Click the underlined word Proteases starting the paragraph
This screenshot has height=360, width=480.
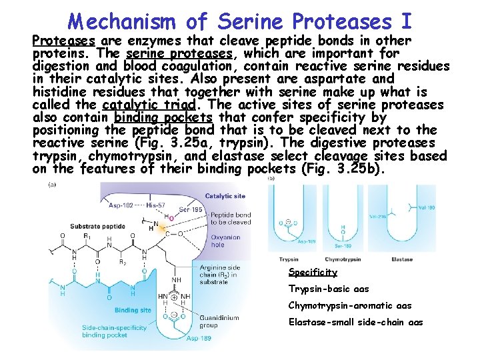point(64,41)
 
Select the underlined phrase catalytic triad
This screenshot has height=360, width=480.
point(147,105)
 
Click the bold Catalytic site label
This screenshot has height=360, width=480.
point(225,196)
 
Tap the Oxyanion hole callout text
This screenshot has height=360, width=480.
point(226,240)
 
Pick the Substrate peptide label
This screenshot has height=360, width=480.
point(97,227)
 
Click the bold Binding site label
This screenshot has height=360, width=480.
point(132,310)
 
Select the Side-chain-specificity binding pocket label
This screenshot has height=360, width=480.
point(114,331)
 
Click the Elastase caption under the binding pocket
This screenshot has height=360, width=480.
point(402,259)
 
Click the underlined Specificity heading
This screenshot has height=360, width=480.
point(313,272)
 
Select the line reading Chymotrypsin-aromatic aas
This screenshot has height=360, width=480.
point(349,305)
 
